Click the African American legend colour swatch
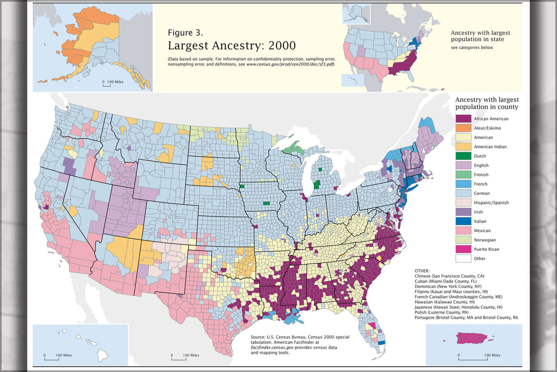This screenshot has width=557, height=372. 463,119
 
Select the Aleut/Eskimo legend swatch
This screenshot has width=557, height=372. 463,128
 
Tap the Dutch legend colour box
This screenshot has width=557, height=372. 463,156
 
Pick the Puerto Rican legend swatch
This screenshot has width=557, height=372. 463,249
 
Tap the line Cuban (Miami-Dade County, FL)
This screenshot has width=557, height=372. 450,282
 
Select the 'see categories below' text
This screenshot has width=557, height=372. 472,48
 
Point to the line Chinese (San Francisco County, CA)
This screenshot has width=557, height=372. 457,276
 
